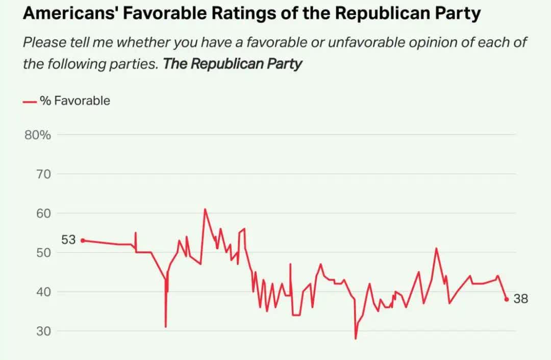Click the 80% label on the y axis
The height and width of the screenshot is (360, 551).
click(x=38, y=135)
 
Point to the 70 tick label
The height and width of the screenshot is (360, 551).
click(x=43, y=174)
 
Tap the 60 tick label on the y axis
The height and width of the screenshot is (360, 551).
click(x=43, y=214)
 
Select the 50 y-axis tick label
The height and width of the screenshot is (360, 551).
click(x=43, y=253)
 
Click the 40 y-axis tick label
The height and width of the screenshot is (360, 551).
click(x=43, y=292)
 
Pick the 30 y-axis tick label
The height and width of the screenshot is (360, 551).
click(x=43, y=331)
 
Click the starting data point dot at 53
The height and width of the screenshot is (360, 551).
click(x=83, y=241)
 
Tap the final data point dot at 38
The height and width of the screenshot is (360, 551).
click(x=507, y=299)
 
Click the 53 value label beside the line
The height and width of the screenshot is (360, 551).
click(x=68, y=240)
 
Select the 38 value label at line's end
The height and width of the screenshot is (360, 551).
click(x=520, y=299)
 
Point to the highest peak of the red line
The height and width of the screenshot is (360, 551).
click(x=205, y=209)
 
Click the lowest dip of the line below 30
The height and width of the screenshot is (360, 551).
click(x=356, y=338)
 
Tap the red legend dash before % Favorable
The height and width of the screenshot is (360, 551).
click(x=30, y=101)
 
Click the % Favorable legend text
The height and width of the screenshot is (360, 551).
click(x=75, y=101)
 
